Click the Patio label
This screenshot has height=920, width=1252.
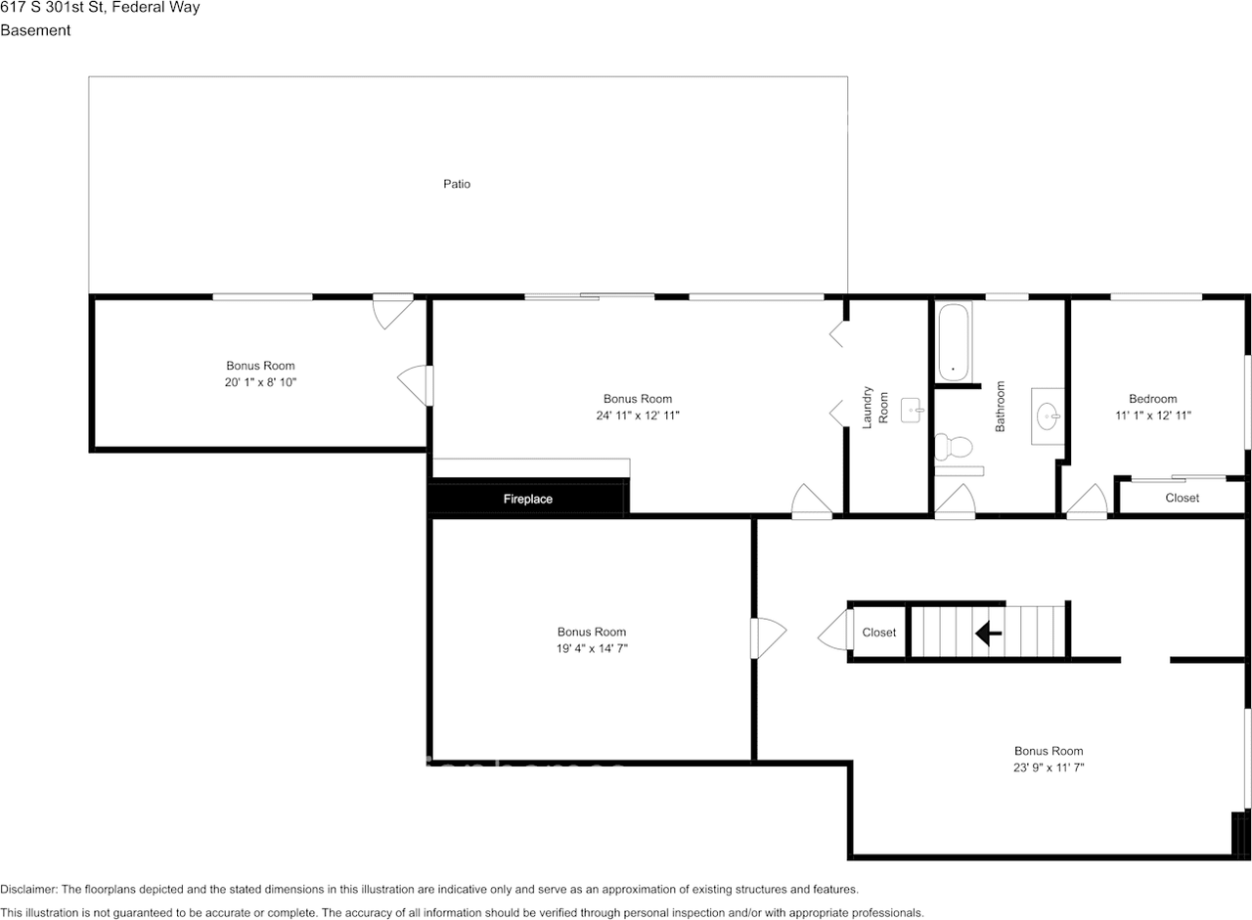coord(457,184)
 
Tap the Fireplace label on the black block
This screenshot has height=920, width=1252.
coord(528,499)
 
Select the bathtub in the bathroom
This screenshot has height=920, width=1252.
coord(954,342)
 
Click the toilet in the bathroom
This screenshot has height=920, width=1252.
coord(954,448)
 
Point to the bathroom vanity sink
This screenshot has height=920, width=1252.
coord(1049,416)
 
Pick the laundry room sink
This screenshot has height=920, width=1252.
coord(912,410)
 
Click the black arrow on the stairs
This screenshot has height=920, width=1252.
coord(988,634)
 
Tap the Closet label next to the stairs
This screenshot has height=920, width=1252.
coord(878,633)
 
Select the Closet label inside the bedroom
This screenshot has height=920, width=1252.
coord(1182,498)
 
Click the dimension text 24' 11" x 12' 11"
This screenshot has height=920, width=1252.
coord(638,416)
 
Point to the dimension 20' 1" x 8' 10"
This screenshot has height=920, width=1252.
coord(260,382)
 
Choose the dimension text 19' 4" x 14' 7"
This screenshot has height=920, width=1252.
coord(592,648)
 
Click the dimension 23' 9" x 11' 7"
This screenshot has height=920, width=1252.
coord(1049,767)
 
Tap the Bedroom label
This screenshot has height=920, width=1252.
coord(1152,399)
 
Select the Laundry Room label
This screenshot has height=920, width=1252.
coord(874,409)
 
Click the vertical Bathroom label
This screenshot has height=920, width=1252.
coord(1001,407)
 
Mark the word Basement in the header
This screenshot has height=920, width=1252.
coord(35,30)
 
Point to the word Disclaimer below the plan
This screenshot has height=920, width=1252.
coord(27,890)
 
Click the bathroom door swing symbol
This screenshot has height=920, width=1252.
coord(955,501)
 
